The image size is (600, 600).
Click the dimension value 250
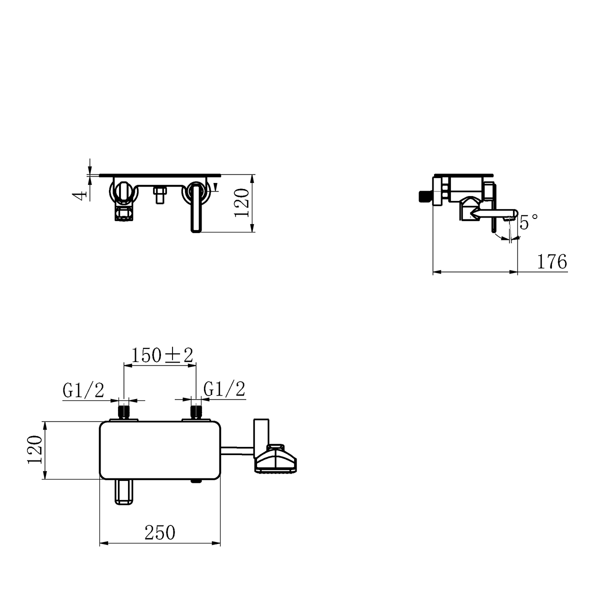160,533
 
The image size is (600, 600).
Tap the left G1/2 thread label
83,390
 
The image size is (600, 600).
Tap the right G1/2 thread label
225,389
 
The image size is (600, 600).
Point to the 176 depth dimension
552,261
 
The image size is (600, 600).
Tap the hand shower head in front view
276,458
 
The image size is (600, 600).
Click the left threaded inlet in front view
123,411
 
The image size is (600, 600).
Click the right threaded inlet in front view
196,411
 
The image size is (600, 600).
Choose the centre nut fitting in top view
160,194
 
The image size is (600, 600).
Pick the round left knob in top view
122,191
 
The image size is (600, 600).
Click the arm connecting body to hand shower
238,451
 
